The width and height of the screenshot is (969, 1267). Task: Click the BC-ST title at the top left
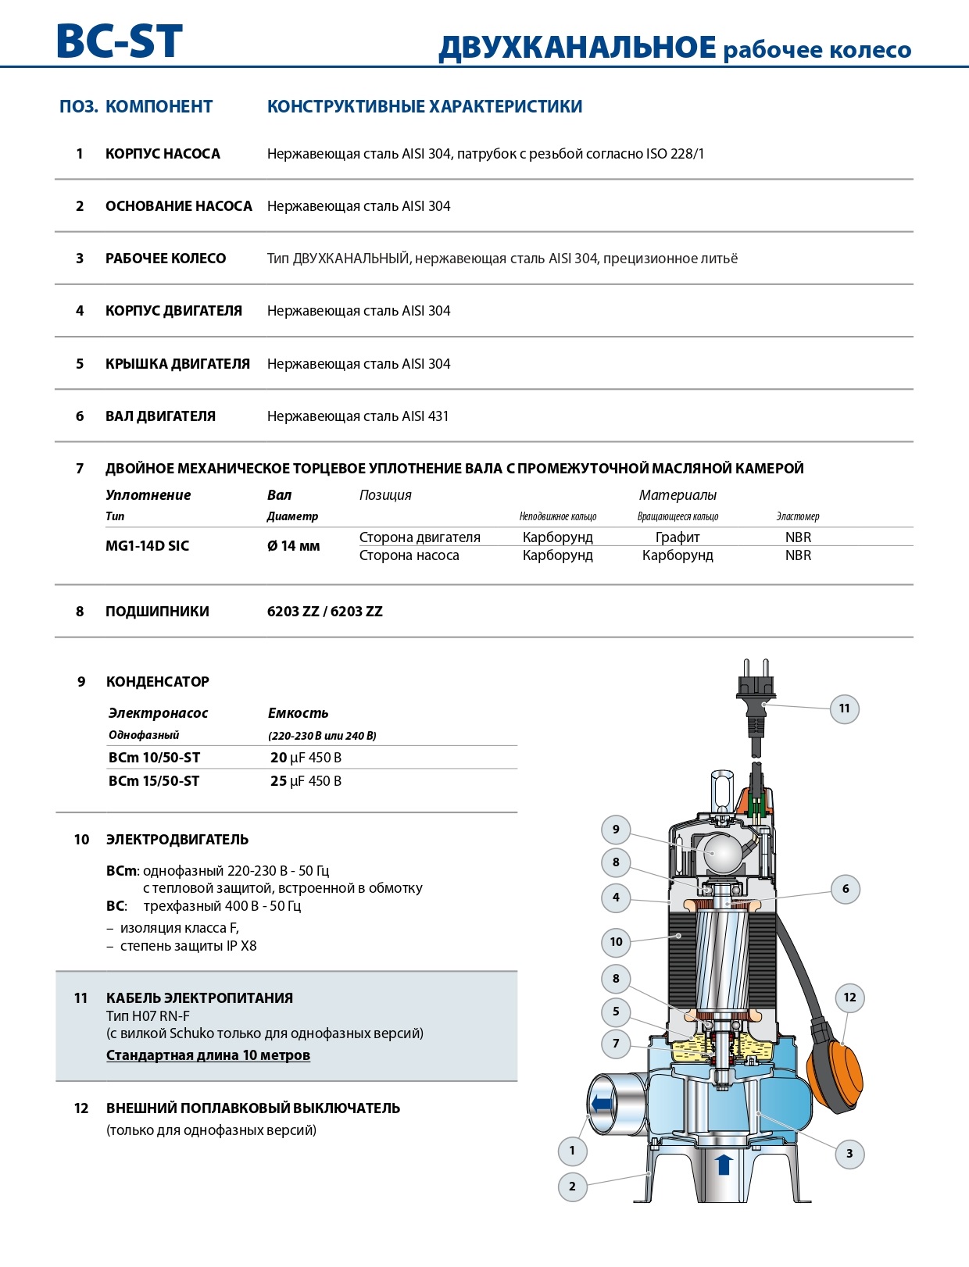120,41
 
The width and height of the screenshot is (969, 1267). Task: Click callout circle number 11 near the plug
844,708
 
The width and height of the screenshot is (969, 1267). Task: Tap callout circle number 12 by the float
849,998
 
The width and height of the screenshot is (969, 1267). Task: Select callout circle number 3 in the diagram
849,1154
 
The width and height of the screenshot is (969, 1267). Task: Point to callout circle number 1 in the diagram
572,1150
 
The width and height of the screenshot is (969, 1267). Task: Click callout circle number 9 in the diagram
616,830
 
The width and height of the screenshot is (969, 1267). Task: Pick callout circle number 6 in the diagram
846,888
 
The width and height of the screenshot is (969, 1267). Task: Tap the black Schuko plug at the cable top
756,691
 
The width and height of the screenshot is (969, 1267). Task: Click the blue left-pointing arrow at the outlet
602,1104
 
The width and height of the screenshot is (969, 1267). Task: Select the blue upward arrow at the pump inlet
724,1165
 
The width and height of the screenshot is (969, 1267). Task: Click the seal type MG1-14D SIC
147,546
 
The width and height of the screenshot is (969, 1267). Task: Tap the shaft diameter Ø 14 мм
294,546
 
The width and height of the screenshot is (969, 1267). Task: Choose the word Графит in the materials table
678,537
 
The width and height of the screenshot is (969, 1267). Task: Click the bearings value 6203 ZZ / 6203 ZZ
325,612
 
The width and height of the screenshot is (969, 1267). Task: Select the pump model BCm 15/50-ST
154,781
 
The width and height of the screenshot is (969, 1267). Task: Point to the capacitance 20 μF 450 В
306,758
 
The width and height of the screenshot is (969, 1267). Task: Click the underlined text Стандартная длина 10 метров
208,1055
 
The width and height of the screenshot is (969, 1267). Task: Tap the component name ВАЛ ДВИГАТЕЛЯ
160,416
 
